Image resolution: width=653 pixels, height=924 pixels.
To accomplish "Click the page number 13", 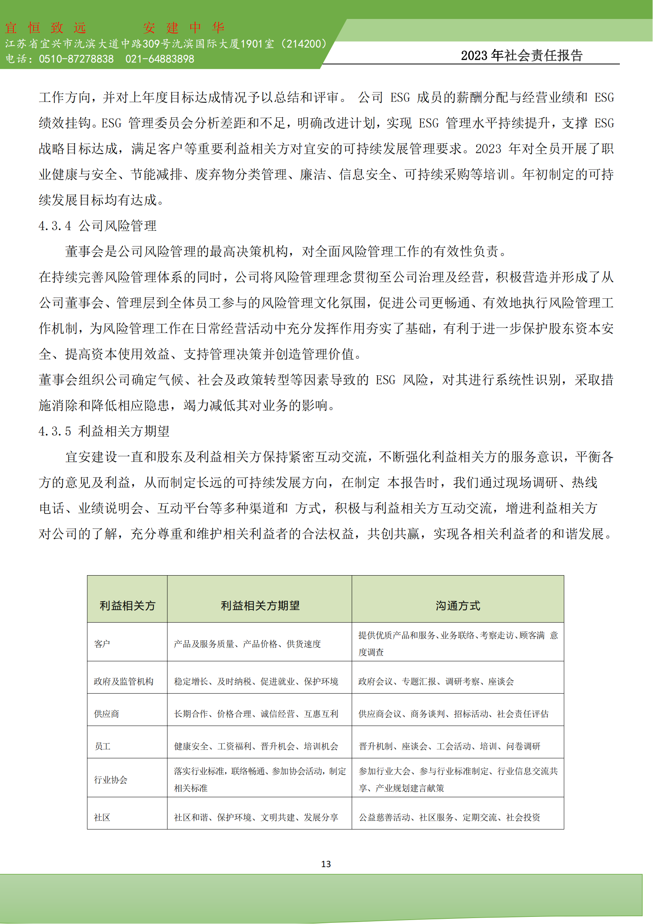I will (326, 864).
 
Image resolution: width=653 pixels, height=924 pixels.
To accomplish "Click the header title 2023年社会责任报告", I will (522, 55).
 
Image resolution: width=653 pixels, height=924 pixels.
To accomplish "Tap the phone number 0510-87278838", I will (77, 59).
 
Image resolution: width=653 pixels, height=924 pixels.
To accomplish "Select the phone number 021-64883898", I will (159, 59).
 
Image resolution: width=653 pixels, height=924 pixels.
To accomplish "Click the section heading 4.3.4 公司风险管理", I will (97, 226).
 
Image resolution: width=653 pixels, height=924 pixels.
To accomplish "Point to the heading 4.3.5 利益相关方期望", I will (104, 431).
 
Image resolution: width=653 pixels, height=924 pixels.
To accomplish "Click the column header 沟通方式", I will (458, 605).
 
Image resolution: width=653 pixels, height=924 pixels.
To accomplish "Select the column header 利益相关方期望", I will (260, 605).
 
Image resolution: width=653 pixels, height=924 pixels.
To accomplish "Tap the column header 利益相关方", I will (127, 605).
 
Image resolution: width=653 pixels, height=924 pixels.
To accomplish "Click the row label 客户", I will (102, 644).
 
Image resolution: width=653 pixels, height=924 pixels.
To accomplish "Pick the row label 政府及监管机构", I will (124, 681).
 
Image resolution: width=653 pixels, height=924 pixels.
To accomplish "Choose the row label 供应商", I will (107, 714).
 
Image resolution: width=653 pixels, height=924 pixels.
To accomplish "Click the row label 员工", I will (102, 747).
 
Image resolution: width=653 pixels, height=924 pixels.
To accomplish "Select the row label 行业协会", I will (111, 779).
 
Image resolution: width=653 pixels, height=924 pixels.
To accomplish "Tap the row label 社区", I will (102, 817).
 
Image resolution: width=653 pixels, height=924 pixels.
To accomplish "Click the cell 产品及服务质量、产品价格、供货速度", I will (247, 644).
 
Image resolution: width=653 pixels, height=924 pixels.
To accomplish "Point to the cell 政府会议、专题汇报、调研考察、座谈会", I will (436, 681).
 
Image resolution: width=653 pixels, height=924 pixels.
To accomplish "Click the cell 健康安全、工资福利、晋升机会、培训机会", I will (256, 747).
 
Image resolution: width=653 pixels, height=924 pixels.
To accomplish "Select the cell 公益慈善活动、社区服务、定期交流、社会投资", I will (449, 817).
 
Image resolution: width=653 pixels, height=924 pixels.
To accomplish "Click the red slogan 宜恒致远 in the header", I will (45, 28).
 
